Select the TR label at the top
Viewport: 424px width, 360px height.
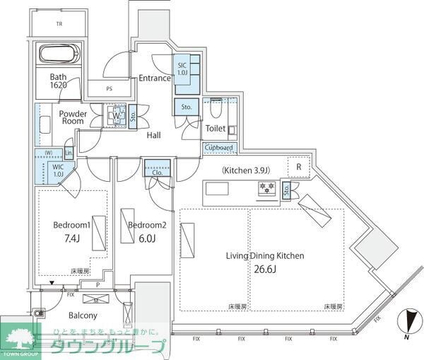(59, 23)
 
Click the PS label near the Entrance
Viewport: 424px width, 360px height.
(109, 89)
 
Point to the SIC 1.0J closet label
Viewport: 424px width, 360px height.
(182, 69)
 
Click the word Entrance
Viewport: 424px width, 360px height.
(154, 78)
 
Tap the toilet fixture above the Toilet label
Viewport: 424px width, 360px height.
(215, 110)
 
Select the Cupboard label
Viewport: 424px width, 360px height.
(218, 148)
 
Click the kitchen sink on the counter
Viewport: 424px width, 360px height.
(216, 189)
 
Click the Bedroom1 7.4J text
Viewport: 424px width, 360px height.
(71, 232)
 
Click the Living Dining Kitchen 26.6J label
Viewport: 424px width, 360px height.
(265, 262)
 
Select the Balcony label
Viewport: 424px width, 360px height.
(83, 315)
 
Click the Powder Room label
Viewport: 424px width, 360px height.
(72, 117)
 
